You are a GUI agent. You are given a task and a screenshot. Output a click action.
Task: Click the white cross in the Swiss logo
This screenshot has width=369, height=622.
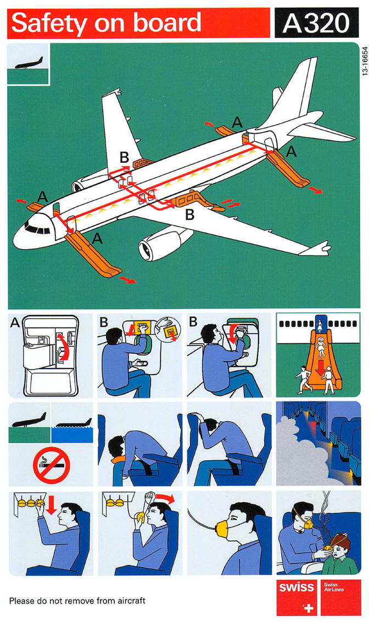tap(308, 607)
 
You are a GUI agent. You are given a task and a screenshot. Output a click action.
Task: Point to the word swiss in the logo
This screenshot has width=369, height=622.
tap(296, 587)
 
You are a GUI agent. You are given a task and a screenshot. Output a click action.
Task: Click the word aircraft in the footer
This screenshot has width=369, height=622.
tap(131, 601)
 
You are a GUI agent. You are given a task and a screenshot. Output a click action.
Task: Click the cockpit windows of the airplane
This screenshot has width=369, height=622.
tap(37, 229)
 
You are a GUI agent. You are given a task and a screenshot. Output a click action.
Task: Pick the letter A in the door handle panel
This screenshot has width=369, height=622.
tap(14, 323)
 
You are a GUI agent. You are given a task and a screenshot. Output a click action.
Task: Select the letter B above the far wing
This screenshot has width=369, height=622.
tap(124, 157)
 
